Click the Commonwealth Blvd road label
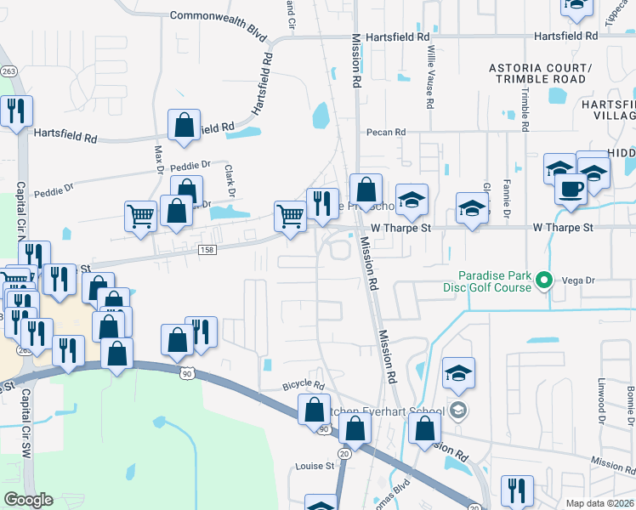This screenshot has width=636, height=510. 218,15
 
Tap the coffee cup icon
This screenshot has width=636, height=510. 571,188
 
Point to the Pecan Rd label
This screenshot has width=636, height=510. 387,133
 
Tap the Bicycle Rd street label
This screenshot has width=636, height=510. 304,386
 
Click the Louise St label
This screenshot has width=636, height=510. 315,466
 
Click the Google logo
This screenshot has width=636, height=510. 28,500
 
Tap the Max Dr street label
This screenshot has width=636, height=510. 159,160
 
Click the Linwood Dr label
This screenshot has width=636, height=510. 601,400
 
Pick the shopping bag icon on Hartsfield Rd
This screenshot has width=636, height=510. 185,126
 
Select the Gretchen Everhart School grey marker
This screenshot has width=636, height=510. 459,411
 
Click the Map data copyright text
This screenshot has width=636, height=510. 600,503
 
